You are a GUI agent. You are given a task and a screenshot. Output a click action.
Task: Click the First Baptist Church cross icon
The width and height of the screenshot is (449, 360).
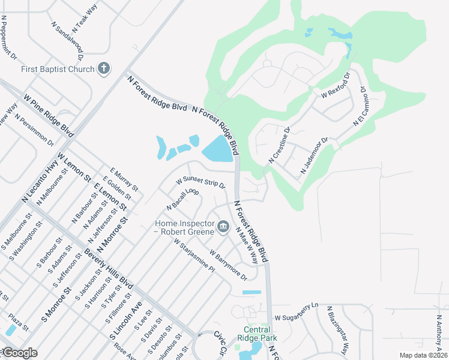tap(104, 68)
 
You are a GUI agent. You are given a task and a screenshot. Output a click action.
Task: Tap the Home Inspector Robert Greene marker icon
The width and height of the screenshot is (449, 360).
tap(223, 226)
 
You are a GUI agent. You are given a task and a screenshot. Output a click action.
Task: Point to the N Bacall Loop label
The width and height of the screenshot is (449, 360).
tap(182, 199)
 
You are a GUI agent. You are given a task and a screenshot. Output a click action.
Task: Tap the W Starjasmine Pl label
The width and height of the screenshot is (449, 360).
tap(194, 256)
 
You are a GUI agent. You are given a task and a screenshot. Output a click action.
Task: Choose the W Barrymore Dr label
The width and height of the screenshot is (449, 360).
tap(228, 266)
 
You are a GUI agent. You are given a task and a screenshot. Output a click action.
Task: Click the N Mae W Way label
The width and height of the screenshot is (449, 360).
tap(247, 245)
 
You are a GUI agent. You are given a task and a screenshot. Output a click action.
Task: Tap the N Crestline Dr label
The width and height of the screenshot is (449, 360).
tap(279, 146)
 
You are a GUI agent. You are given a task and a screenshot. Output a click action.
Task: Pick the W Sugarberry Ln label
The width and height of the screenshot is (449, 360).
tap(295, 312)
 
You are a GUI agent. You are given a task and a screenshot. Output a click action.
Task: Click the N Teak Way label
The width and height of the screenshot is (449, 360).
tap(84, 20)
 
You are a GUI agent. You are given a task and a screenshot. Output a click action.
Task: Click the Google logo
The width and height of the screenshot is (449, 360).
tap(19, 353)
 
